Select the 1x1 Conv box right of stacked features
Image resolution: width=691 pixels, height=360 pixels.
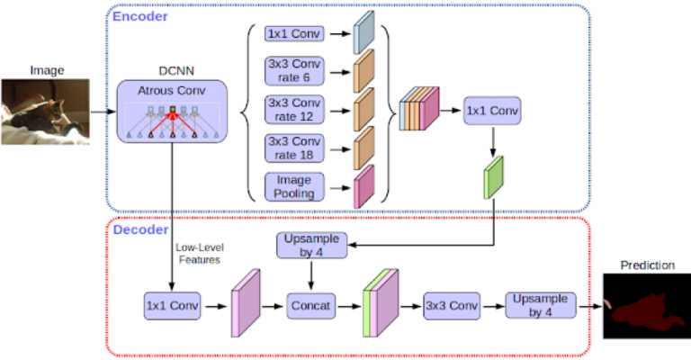click(x=492, y=112)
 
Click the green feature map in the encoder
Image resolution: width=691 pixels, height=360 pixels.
click(x=493, y=176)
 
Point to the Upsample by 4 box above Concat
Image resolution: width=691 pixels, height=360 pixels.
click(x=311, y=246)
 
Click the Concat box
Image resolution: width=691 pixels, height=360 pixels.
click(x=311, y=305)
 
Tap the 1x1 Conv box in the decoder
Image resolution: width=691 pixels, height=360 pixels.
click(x=171, y=305)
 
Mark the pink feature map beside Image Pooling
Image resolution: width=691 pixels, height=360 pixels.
click(x=364, y=186)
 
